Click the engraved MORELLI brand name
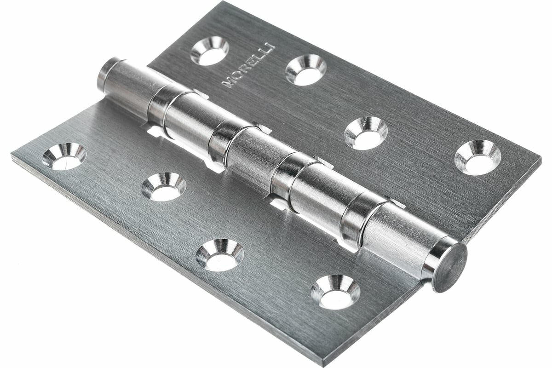pyautogui.click(x=248, y=65)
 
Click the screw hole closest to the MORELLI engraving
pyautogui.click(x=210, y=51)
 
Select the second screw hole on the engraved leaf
pyautogui.click(x=306, y=70)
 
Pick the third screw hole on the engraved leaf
pyautogui.click(x=366, y=133)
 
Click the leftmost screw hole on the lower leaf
pyautogui.click(x=64, y=156)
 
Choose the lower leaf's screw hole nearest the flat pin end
pyautogui.click(x=335, y=292)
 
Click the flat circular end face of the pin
pyautogui.click(x=449, y=267)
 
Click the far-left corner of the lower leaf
pyautogui.click(x=12, y=156)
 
